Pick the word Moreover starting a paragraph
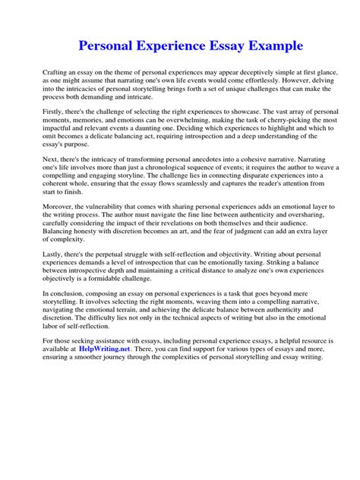[58, 207]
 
